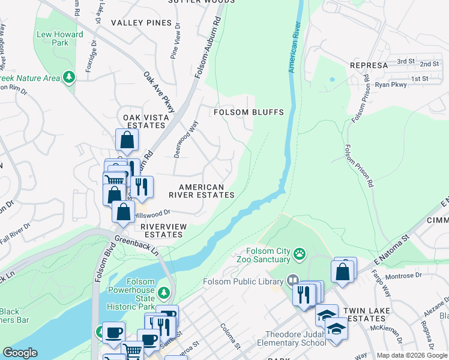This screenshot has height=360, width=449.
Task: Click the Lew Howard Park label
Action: click(60, 38)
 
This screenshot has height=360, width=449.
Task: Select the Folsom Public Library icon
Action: click(292, 280)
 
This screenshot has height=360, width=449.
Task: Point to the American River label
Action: click(294, 48)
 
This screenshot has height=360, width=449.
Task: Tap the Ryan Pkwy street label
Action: click(391, 85)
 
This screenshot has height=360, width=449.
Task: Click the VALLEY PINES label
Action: click(141, 23)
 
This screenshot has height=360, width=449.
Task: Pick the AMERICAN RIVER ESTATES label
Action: click(201, 191)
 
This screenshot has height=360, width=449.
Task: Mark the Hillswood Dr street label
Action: click(152, 214)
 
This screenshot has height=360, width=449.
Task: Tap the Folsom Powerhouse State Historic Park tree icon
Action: click(170, 294)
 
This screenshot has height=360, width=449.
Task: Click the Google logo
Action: click(20, 353)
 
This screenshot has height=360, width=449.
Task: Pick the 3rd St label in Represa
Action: click(406, 61)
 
